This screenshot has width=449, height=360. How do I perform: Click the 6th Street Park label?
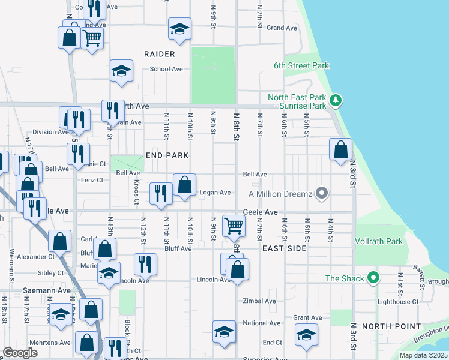coord(301,65)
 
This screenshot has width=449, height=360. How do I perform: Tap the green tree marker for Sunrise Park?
coord(337,100)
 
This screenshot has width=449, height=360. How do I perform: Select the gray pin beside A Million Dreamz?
coord(322,193)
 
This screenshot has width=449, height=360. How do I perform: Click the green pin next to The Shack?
coord(373,278)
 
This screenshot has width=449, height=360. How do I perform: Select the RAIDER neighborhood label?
coord(159,54)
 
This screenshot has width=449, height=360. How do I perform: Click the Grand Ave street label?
coord(282,28)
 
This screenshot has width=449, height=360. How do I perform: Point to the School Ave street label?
coord(166,69)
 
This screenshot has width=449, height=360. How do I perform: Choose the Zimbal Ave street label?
coord(259,301)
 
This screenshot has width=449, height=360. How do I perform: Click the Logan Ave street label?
coord(215,193)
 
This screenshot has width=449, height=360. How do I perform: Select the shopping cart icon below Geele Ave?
coord(234,226)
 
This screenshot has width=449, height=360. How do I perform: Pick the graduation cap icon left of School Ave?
coord(121,70)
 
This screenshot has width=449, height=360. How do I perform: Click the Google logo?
coord(20,353)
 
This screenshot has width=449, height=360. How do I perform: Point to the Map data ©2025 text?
coord(423,355)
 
